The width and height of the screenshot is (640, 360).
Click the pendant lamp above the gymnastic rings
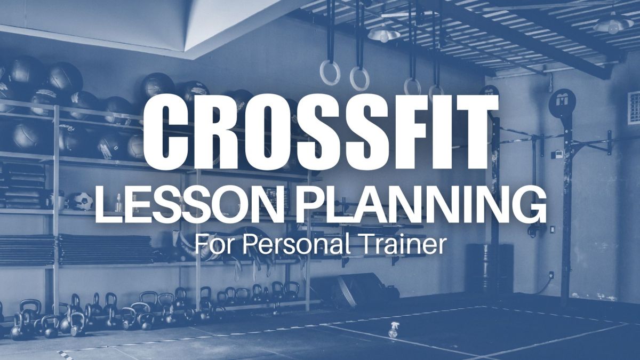(x=383, y=33)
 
